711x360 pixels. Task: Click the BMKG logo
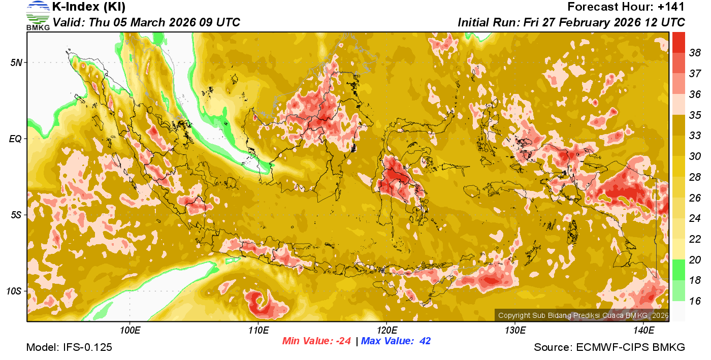tap(38, 15)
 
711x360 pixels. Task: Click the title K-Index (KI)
tap(89, 7)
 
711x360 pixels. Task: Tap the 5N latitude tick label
tap(16, 62)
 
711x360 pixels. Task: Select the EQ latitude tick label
tap(15, 139)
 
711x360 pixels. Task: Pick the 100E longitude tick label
tap(130, 331)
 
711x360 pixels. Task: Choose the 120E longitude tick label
tap(386, 331)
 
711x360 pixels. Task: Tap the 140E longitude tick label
tap(643, 331)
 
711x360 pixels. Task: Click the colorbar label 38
tap(695, 52)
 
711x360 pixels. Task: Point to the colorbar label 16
tap(695, 301)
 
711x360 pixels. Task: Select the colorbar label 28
tap(695, 177)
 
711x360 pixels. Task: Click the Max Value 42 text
tap(396, 341)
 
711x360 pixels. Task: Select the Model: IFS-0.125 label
tap(69, 347)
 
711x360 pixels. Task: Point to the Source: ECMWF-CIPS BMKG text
tap(609, 347)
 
